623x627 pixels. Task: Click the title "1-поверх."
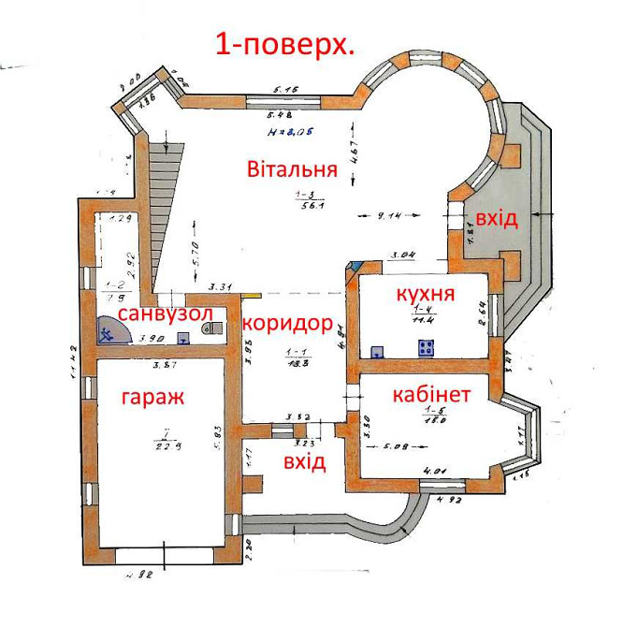284,44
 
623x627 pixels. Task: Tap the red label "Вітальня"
292,170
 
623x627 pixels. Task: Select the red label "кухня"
426,296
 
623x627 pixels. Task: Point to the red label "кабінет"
431,394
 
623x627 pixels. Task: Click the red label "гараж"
152,397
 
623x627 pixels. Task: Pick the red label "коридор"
288,324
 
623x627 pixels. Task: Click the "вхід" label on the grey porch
497,218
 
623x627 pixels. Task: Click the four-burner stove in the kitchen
427,350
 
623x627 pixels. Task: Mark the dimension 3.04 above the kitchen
403,255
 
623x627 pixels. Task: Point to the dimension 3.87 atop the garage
165,364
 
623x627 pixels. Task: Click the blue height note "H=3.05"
289,131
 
